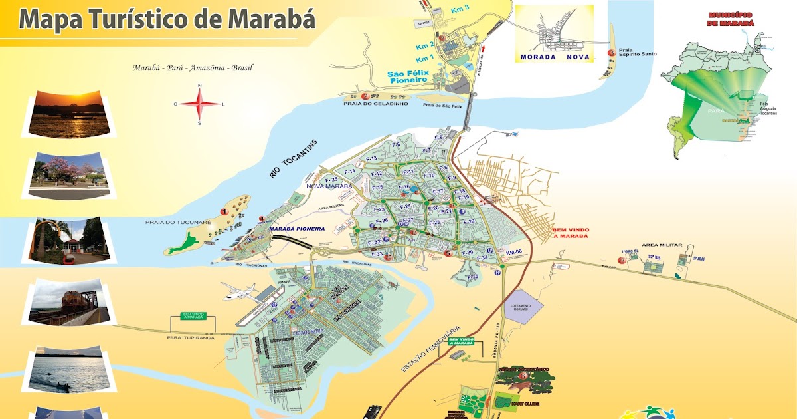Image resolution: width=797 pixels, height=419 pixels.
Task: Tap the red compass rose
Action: [199, 104]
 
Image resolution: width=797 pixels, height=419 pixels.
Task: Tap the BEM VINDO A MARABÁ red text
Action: [570, 233]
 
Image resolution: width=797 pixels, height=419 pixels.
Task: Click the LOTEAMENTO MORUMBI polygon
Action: [521, 306]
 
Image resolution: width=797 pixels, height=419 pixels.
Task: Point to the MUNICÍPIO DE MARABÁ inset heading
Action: [731, 19]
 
